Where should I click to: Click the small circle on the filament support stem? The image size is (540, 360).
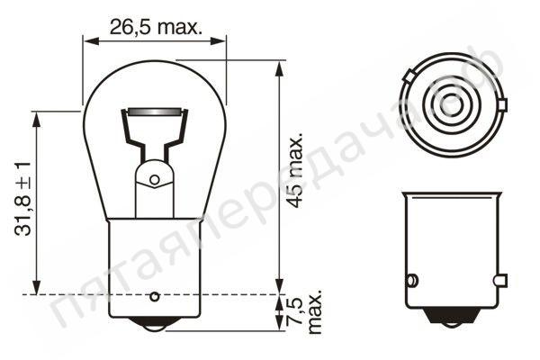(154, 180)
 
